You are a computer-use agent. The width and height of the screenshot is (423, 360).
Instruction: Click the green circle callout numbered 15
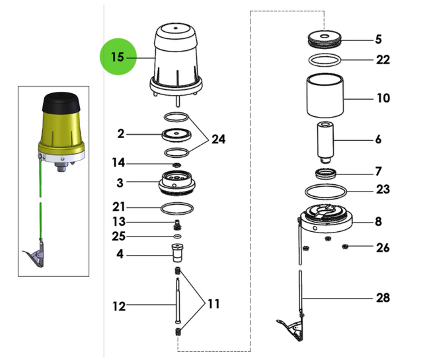(117, 57)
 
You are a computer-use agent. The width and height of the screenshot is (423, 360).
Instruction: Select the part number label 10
(383, 99)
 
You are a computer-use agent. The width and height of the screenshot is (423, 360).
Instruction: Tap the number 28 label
(383, 298)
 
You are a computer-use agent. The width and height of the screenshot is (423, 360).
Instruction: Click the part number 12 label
(119, 306)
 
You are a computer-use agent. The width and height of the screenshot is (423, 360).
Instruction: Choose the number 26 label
(383, 248)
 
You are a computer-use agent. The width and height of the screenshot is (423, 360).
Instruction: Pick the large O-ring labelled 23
(325, 192)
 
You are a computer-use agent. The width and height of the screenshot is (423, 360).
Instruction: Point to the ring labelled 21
(177, 209)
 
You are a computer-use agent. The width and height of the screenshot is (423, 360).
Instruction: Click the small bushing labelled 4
(177, 253)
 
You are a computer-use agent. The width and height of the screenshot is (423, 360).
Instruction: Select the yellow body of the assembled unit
(61, 132)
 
